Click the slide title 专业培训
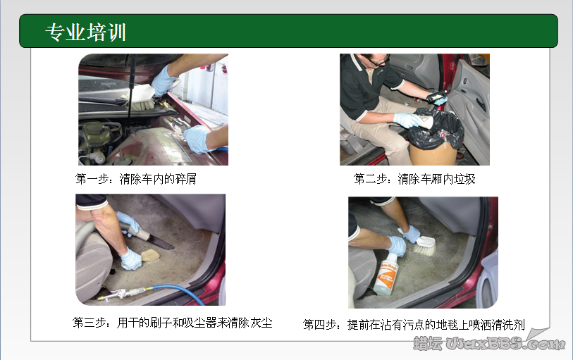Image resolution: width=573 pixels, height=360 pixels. [86, 32]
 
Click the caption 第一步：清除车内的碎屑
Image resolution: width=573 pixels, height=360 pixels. [136, 179]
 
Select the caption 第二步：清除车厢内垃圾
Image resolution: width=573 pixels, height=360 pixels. [414, 179]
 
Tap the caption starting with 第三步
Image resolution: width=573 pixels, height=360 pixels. [173, 323]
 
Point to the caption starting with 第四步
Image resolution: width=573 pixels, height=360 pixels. [414, 324]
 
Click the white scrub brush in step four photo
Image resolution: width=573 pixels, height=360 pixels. [420, 244]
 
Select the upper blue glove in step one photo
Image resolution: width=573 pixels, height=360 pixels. [164, 80]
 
